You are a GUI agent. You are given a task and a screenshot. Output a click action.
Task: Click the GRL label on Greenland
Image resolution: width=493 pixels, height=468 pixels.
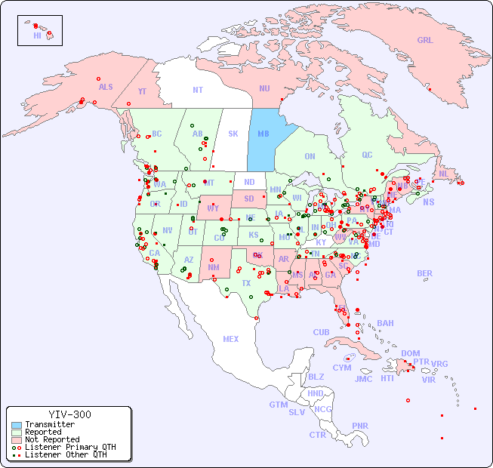425,40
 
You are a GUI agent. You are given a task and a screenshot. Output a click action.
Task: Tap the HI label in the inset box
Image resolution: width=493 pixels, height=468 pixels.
37,35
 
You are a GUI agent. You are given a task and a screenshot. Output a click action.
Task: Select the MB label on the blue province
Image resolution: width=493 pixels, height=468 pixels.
263,134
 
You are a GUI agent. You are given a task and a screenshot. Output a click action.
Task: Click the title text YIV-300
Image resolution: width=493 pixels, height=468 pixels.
69,414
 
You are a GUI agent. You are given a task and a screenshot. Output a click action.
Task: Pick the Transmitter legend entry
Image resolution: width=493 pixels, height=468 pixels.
49,424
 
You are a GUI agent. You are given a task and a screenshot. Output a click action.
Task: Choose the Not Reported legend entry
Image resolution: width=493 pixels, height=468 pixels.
51,439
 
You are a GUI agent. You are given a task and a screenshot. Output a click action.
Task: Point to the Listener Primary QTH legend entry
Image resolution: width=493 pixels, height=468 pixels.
69,447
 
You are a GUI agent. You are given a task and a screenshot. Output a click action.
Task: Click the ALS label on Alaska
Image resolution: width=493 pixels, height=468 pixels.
106,87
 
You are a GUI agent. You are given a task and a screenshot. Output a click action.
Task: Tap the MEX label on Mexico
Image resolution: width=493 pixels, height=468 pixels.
231,339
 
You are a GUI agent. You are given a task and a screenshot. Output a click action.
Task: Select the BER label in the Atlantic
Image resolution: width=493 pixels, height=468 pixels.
425,273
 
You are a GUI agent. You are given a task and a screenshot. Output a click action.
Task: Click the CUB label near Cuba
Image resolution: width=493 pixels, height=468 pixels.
322,332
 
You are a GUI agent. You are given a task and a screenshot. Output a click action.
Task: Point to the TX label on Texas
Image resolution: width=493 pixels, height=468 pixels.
246,283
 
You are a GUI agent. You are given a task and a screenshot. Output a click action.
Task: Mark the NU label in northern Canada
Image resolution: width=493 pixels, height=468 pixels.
264,88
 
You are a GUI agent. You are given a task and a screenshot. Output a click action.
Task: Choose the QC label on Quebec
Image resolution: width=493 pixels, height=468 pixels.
367,155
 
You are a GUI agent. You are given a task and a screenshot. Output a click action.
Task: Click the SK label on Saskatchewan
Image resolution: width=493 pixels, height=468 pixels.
233,134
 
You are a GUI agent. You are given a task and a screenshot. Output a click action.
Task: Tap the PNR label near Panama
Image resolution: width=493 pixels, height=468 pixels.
360,426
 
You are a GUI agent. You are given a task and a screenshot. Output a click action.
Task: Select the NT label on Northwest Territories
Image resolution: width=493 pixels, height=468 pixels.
198,89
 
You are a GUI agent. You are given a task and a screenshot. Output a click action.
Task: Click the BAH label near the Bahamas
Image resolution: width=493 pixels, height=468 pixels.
385,323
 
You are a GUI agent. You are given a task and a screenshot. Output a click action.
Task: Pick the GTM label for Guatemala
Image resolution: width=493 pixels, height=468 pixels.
278,405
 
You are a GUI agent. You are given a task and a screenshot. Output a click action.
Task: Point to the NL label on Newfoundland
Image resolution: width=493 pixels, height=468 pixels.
444,173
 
